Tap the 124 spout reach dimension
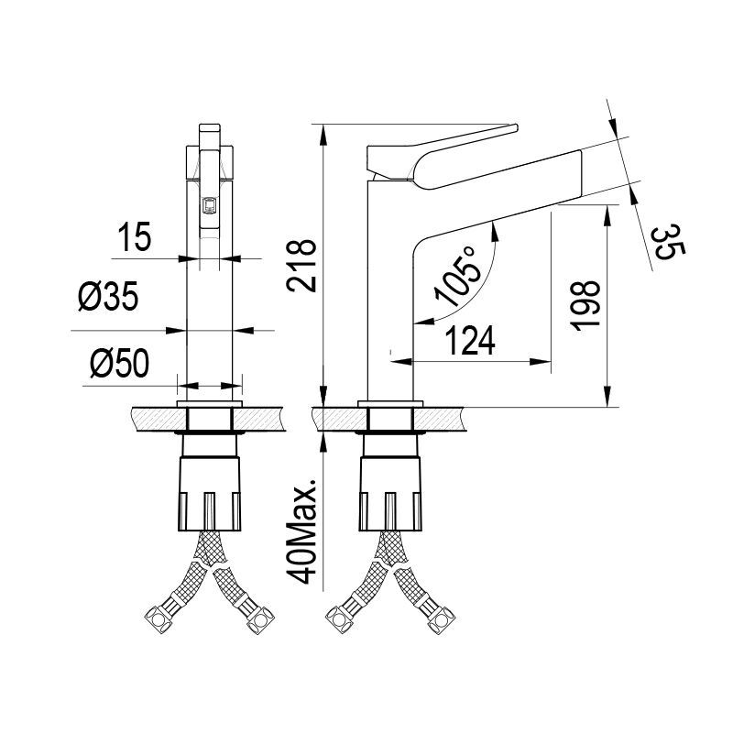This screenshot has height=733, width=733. click(x=471, y=341)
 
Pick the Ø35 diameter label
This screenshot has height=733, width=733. click(x=108, y=298)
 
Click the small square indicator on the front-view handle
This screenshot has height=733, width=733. click(x=209, y=205)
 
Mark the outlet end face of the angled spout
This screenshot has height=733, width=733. click(x=583, y=170)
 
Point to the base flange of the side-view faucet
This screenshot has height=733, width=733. click(x=392, y=403)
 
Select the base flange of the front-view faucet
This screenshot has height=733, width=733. click(x=211, y=403)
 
